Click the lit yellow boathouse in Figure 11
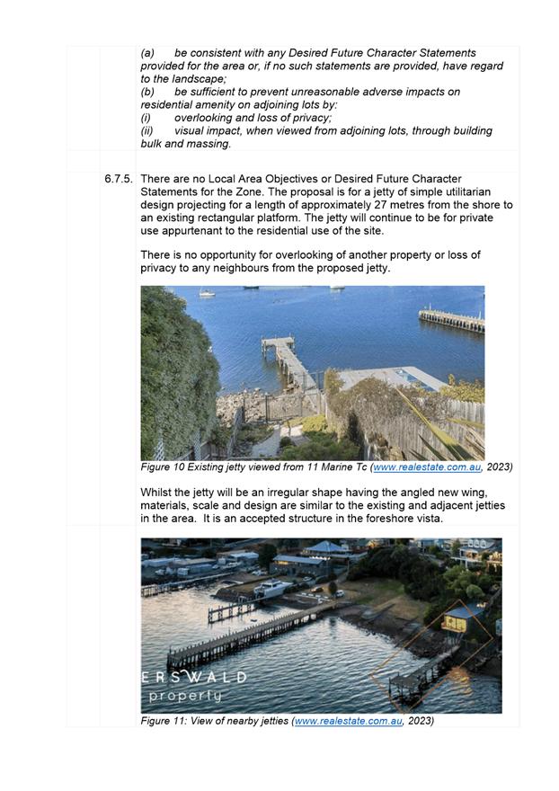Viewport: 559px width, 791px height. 458,619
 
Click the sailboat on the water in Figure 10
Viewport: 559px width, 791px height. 207,292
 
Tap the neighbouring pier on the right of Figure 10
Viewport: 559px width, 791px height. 451,319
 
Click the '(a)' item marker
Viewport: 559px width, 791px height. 148,54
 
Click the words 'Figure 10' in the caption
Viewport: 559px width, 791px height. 163,467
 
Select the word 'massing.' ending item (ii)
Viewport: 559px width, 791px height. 209,144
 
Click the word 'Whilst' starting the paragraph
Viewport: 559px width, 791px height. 156,493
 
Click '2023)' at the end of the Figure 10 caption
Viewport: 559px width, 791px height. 497,467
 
